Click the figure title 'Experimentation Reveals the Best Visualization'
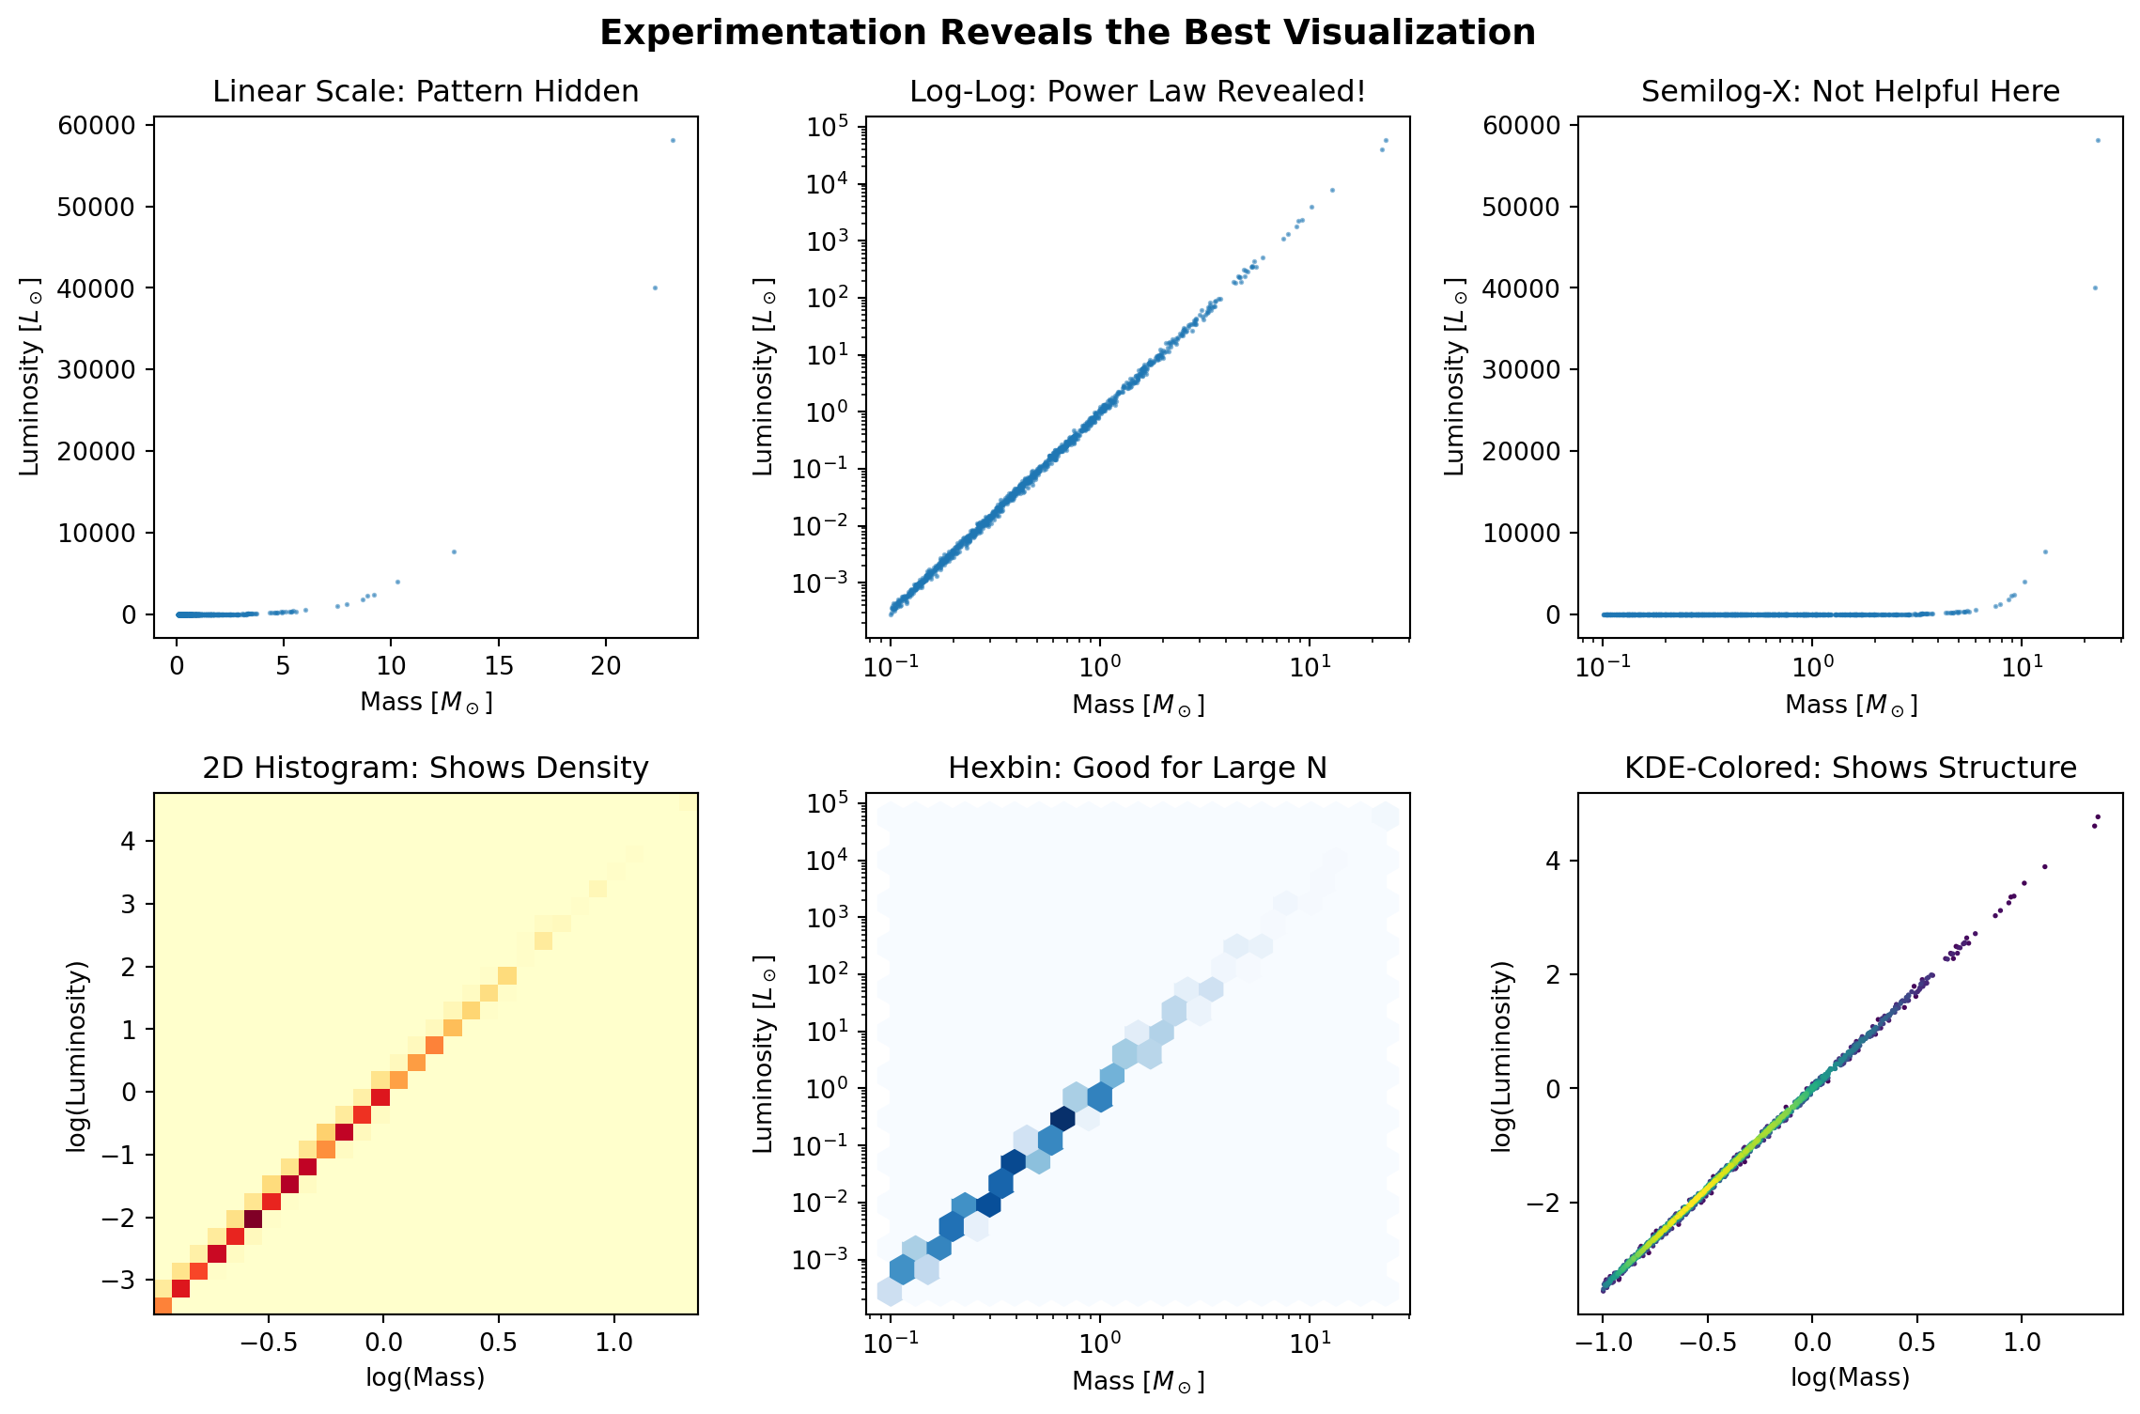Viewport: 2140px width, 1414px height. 1067,33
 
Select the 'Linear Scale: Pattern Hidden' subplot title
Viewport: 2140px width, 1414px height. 426,91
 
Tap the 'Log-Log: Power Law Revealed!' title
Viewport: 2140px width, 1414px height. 1137,91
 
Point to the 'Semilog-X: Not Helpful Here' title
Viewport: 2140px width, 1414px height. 1850,91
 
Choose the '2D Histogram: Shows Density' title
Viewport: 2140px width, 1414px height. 426,768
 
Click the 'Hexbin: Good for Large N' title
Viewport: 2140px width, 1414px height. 1137,768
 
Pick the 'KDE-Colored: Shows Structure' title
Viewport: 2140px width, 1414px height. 1850,768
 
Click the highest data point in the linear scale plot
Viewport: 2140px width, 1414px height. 673,141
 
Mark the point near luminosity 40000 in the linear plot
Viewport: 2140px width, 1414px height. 655,287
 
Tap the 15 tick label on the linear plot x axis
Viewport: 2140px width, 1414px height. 499,666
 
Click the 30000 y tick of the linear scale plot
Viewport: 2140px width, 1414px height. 96,370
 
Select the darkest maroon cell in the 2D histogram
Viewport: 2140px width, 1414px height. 253,1219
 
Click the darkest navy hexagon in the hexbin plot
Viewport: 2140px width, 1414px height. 1062,1118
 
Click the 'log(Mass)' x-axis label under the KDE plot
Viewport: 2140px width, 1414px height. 1850,1377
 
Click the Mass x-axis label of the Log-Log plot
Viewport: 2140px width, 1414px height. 1137,704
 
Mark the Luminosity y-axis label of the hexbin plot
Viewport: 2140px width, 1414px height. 763,1055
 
